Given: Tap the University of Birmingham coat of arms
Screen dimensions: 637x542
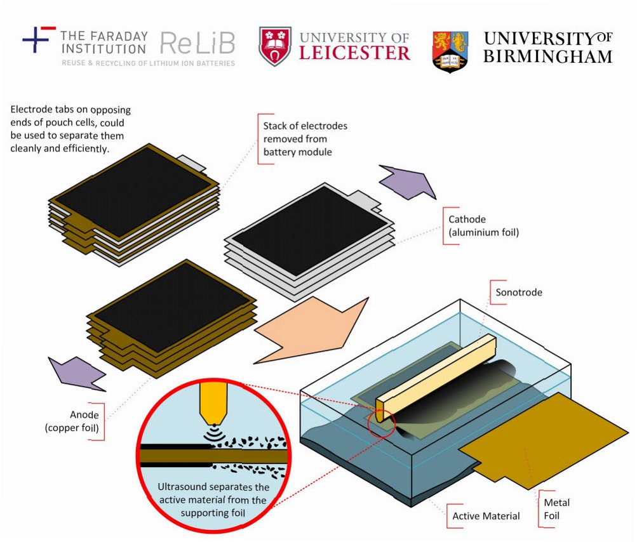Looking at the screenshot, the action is click(x=450, y=50).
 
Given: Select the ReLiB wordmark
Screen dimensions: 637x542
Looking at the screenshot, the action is click(x=197, y=43).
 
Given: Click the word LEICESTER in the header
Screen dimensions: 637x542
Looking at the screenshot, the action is click(x=355, y=53).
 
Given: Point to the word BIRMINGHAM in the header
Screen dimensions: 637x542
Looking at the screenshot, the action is click(x=547, y=56).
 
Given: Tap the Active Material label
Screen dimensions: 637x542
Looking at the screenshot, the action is click(x=486, y=515).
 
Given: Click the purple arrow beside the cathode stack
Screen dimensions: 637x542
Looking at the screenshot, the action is click(x=407, y=182).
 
